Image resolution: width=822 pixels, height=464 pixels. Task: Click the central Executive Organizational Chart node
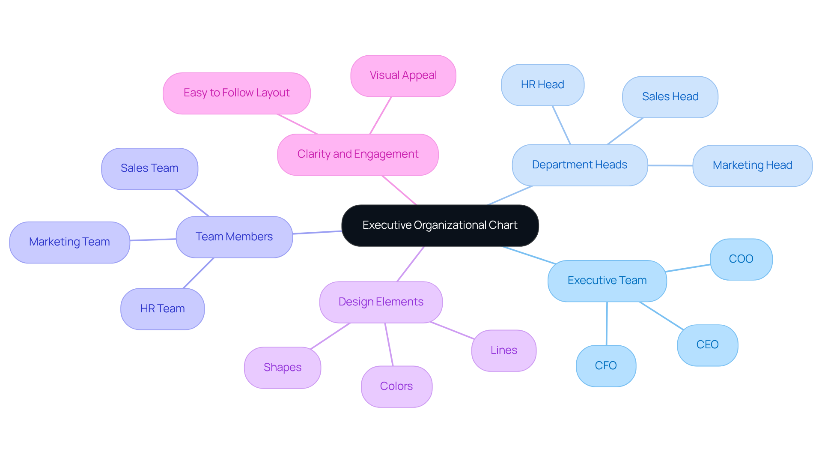pos(440,225)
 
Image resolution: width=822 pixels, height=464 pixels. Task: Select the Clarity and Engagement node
pos(357,154)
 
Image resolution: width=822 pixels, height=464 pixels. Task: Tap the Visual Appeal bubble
pos(403,75)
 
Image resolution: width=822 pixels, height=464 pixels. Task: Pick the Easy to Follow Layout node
pos(236,93)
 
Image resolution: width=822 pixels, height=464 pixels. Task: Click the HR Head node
pos(542,85)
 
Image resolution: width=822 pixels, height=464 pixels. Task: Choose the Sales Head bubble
pos(670,97)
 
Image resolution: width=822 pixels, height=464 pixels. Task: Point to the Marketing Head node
pos(752,165)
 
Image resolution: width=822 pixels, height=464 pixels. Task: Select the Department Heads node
pos(579,165)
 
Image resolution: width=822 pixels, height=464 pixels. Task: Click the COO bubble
pos(741,259)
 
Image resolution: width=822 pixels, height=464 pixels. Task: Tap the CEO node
pos(707,345)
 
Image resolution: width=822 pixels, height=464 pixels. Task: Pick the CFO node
pos(605,366)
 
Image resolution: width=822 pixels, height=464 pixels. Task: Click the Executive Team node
pos(607,281)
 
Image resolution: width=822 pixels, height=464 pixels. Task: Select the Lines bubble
pos(503,350)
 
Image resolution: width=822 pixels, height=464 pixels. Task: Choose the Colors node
pos(396,386)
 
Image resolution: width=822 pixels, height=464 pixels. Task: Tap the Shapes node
pos(282,368)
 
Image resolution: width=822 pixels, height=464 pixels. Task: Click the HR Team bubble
pos(162,309)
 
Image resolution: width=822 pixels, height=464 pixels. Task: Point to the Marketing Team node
pos(69,242)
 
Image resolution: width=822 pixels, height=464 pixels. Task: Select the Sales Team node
pos(149,168)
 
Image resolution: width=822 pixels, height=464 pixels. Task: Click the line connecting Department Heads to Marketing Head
pos(670,165)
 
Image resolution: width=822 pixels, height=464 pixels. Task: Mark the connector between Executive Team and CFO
pos(606,323)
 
